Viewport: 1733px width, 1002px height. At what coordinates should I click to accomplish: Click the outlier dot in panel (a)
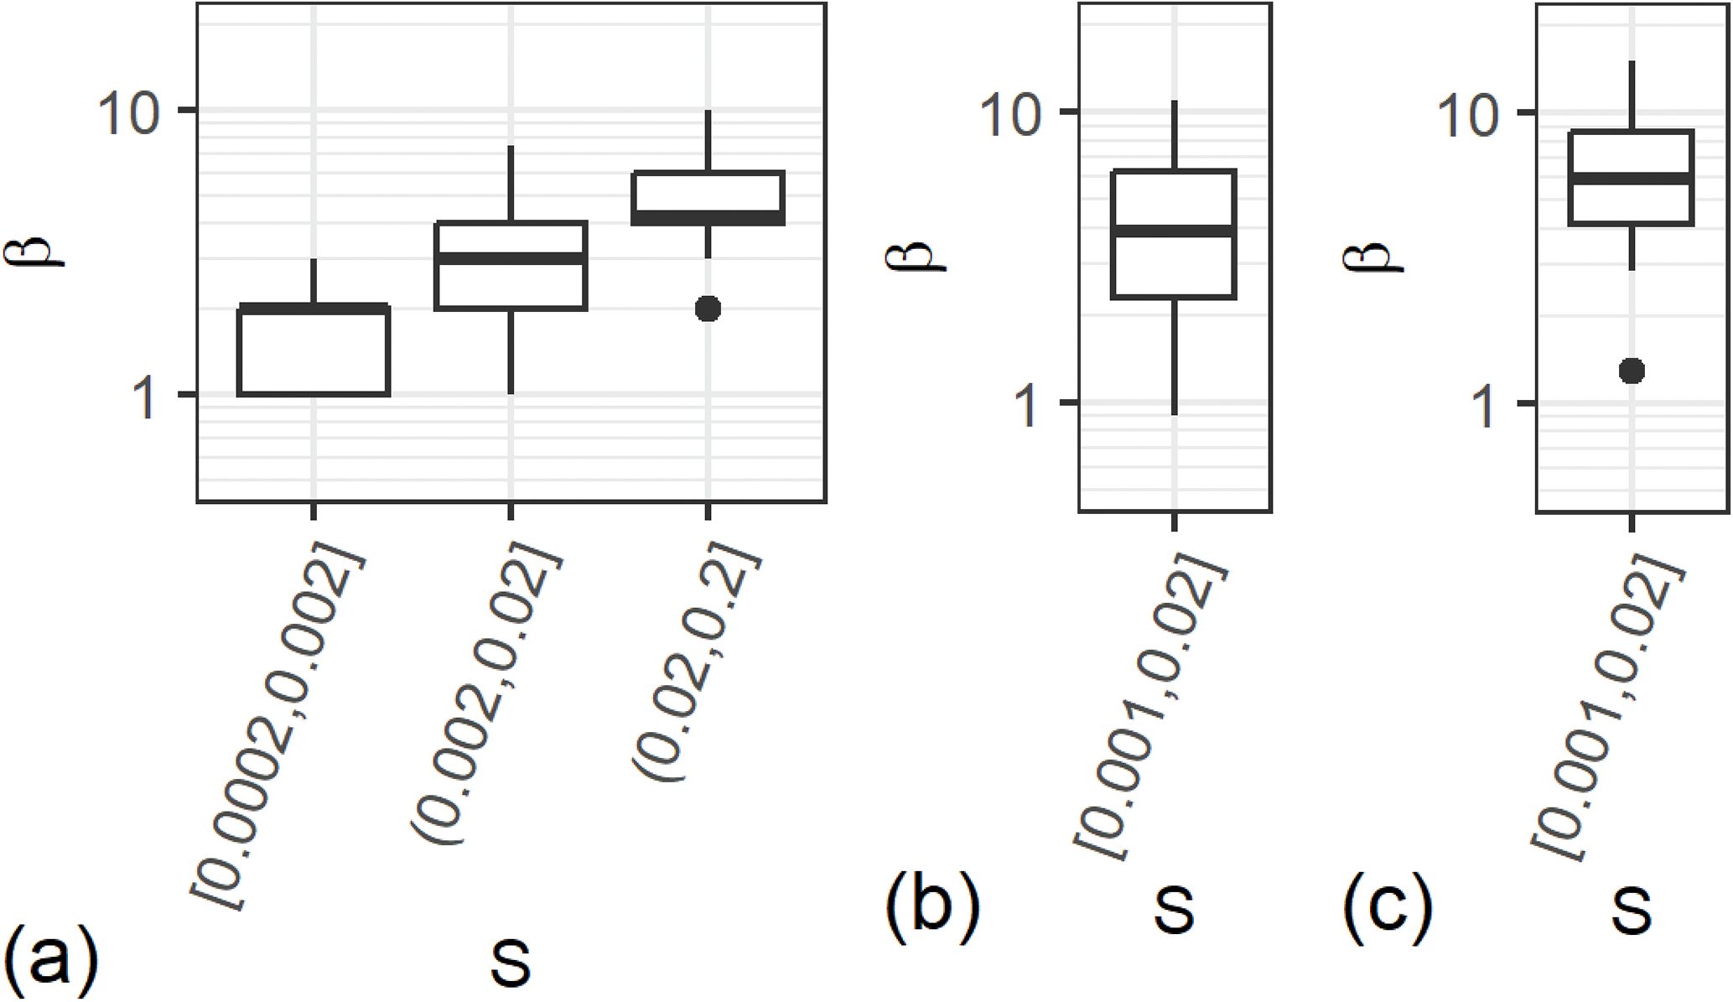tap(708, 309)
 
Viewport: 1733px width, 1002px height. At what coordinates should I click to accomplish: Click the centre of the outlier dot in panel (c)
tap(1632, 371)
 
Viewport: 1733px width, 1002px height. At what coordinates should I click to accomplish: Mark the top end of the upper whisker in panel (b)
tap(1175, 101)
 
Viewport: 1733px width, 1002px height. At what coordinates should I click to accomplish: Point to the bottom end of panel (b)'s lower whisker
tap(1175, 414)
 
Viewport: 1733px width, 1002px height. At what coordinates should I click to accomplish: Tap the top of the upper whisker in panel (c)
tap(1632, 61)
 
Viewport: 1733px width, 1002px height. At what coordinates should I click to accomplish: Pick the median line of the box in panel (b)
tap(1175, 231)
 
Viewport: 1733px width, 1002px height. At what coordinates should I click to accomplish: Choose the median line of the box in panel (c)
tap(1632, 179)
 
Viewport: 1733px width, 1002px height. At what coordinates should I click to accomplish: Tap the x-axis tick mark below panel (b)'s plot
tap(1175, 522)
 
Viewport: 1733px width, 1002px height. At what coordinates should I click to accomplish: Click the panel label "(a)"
tap(51, 961)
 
